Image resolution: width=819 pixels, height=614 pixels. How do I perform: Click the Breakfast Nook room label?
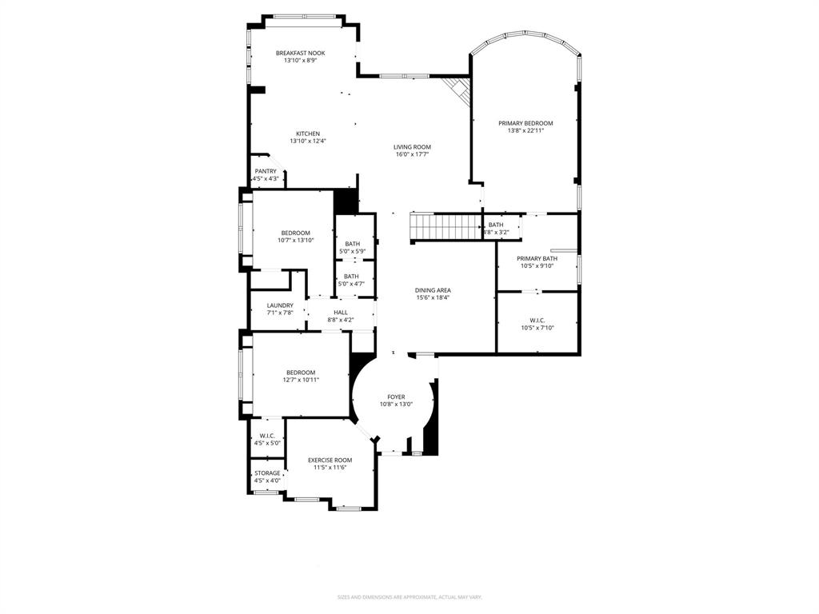click(x=300, y=53)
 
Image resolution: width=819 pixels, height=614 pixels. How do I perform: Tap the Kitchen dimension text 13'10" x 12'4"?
click(x=308, y=141)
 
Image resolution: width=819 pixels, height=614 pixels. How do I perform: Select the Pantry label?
click(x=266, y=171)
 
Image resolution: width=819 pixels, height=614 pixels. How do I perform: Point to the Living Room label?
click(x=412, y=147)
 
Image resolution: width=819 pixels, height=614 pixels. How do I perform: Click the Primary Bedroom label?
click(x=525, y=123)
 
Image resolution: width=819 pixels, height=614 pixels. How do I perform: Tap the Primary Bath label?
click(x=537, y=258)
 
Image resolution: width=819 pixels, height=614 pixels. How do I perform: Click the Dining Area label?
click(x=433, y=290)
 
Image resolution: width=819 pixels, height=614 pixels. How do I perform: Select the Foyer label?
click(x=396, y=397)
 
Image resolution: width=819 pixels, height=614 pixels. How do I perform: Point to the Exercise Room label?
click(x=330, y=460)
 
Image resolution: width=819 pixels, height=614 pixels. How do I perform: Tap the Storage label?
click(x=267, y=472)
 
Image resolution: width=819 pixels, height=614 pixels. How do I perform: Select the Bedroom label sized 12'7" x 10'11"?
click(x=301, y=373)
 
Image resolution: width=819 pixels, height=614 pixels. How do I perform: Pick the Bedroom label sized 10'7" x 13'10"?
click(x=295, y=233)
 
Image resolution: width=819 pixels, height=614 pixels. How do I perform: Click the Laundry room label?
click(x=280, y=305)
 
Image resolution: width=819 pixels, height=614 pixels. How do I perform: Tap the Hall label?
click(x=341, y=312)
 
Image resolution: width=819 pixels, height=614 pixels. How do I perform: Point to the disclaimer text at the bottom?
click(x=409, y=596)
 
